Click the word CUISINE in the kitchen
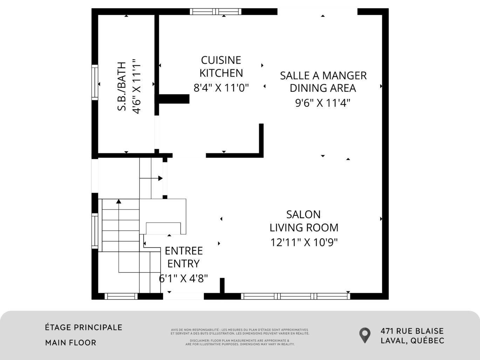221,60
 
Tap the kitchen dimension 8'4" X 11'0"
221,87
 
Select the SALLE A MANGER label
323,76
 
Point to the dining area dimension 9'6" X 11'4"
323,103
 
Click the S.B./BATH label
122,86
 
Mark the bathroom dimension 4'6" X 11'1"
136,86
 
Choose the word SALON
303,214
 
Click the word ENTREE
184,251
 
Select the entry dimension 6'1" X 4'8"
184,278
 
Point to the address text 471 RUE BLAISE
412,331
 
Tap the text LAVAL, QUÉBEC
412,340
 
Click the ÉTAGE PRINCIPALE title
84,327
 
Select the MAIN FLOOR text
70,342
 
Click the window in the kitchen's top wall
215,12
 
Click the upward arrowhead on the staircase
119,201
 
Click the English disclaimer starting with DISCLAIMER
240,342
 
